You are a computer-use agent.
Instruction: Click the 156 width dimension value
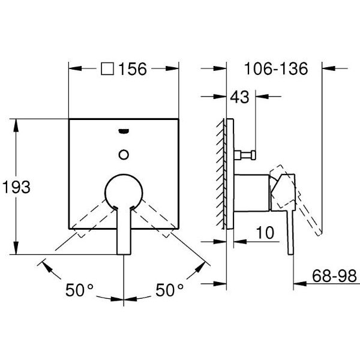pyautogui.click(x=133, y=69)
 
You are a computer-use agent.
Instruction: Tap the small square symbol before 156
pyautogui.click(x=107, y=68)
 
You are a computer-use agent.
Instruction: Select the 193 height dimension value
pyautogui.click(x=16, y=187)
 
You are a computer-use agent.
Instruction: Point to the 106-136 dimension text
pyautogui.click(x=276, y=68)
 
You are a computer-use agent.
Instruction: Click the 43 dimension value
pyautogui.click(x=239, y=97)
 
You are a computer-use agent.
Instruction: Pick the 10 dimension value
pyautogui.click(x=265, y=233)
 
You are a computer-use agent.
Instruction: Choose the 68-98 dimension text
pyautogui.click(x=334, y=276)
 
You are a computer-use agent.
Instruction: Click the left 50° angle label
pyautogui.click(x=79, y=290)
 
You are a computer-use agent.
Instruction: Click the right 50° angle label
pyautogui.click(x=169, y=290)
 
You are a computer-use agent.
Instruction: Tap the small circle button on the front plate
pyautogui.click(x=124, y=155)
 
